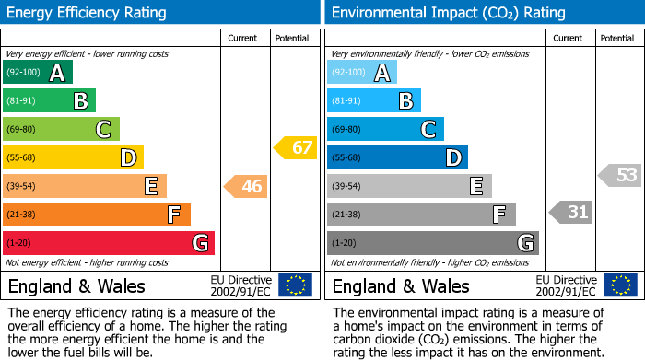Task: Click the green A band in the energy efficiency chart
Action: click(x=37, y=73)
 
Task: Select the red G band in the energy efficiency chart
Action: click(x=109, y=243)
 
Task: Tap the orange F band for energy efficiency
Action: click(x=97, y=215)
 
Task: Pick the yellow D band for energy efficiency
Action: click(x=73, y=157)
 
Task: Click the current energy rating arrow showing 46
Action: click(x=246, y=187)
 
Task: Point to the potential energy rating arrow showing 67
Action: click(x=296, y=147)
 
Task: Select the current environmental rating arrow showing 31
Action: click(x=571, y=213)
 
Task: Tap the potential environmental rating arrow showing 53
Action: click(x=620, y=175)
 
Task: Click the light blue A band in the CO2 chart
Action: click(x=362, y=73)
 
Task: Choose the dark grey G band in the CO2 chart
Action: click(x=432, y=243)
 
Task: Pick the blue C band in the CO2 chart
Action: click(x=385, y=129)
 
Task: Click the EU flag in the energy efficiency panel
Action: click(x=295, y=285)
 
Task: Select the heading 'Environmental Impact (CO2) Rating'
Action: click(x=448, y=13)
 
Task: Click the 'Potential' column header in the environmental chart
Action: click(x=617, y=38)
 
